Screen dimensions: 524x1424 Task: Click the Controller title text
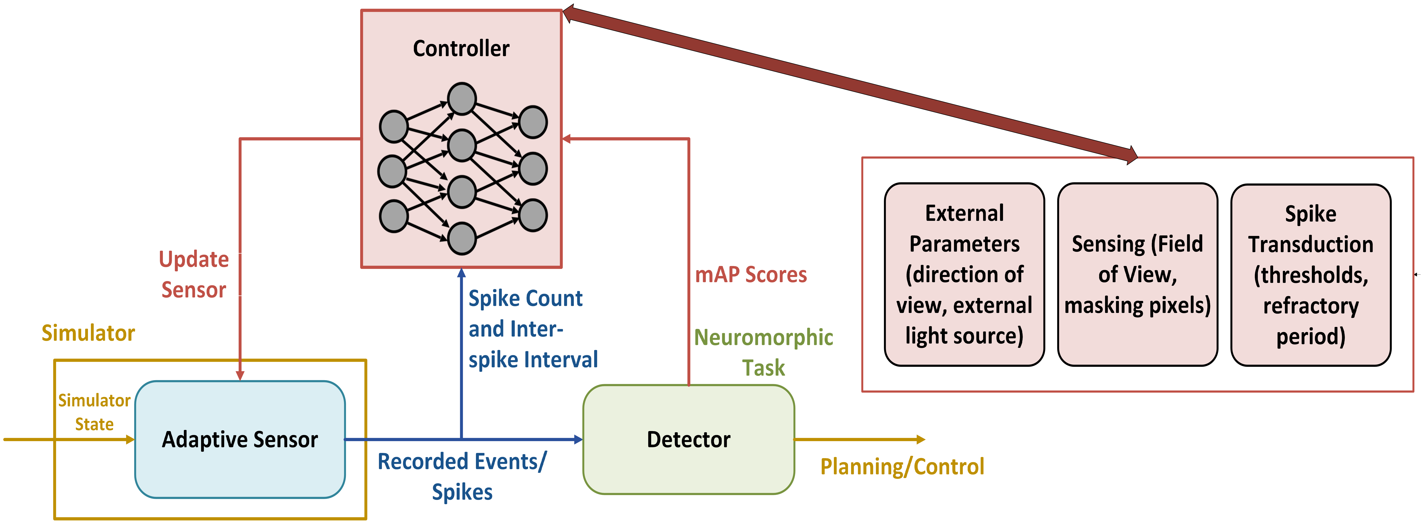pyautogui.click(x=461, y=49)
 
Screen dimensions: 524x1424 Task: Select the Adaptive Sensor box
pyautogui.click(x=240, y=439)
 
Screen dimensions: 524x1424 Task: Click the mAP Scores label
pyautogui.click(x=751, y=275)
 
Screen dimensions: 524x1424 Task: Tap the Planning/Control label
pyautogui.click(x=902, y=466)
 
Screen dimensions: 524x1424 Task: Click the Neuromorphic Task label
pyautogui.click(x=763, y=352)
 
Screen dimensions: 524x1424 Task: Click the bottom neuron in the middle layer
pyautogui.click(x=462, y=238)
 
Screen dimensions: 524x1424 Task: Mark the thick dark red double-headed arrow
pyautogui.click(x=850, y=85)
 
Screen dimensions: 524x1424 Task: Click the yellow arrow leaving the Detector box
pyautogui.click(x=860, y=439)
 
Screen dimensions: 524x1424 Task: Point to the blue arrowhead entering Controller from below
pyautogui.click(x=462, y=272)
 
